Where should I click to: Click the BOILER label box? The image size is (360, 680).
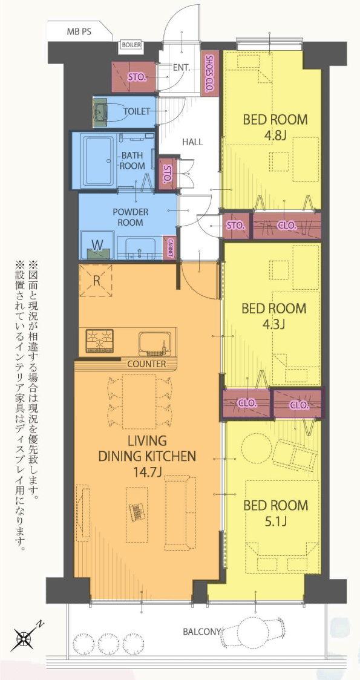click(130, 45)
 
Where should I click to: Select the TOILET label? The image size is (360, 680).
click(137, 111)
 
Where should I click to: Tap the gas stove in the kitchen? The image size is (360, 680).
click(100, 340)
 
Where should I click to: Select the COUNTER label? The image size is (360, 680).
click(146, 364)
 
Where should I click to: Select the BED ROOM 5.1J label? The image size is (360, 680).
click(275, 513)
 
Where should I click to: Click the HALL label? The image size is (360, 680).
click(192, 142)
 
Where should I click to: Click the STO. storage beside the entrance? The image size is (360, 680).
click(134, 77)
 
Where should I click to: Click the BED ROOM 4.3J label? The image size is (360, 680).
click(274, 316)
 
